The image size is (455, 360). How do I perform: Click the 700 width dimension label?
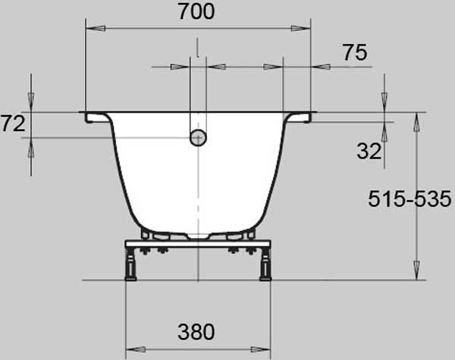coord(196,11)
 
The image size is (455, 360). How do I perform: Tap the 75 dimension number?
coord(355,52)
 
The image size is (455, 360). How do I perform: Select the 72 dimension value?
coord(13,124)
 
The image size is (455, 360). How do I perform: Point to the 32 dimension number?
coord(369,151)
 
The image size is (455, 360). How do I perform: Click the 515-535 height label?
coord(409,199)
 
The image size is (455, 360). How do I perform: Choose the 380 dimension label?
coord(196,332)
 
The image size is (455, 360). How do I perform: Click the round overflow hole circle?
coord(198,137)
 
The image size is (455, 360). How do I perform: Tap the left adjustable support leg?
coord(130,265)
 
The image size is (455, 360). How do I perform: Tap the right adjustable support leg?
coord(265,265)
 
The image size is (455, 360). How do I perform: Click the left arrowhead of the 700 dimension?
coord(96,29)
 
